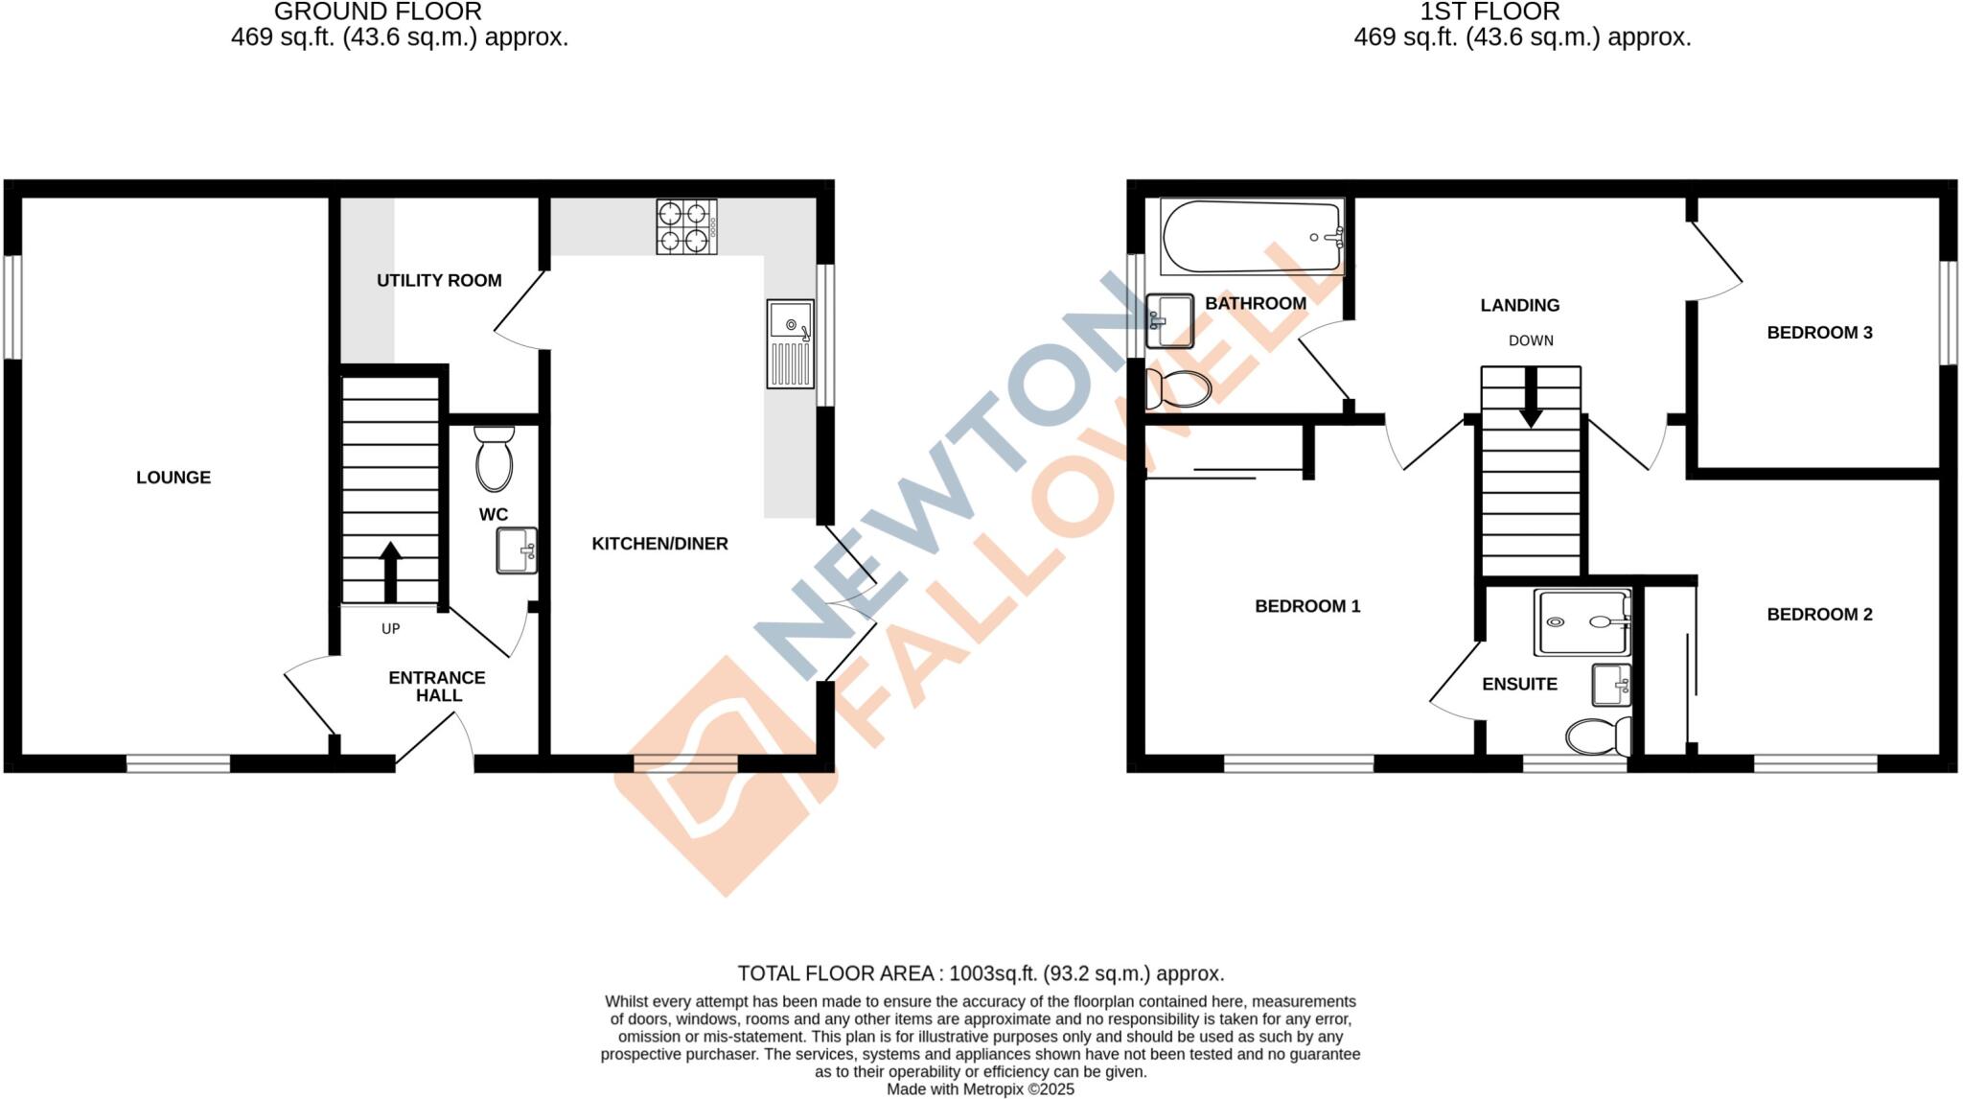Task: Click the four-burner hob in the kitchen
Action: pos(686,226)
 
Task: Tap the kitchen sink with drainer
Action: pos(791,344)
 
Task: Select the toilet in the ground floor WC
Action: pos(494,459)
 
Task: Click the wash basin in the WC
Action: pos(516,550)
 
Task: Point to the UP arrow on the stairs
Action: pos(390,572)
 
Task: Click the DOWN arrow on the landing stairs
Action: pos(1531,397)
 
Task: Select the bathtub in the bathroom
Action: pos(1252,237)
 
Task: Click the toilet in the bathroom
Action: pos(1178,388)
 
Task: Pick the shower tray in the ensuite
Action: pos(1582,622)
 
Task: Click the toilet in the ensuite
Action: pos(1598,737)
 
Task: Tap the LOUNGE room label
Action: pos(173,478)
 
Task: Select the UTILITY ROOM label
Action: pos(439,281)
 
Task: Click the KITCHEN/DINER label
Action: pos(659,544)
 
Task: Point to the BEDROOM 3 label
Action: pos(1819,333)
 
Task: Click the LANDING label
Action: pos(1519,305)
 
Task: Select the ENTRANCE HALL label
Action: pos(437,687)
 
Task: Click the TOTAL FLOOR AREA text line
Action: pos(981,973)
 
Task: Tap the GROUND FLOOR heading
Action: pos(378,12)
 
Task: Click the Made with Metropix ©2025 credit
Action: pos(980,1089)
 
